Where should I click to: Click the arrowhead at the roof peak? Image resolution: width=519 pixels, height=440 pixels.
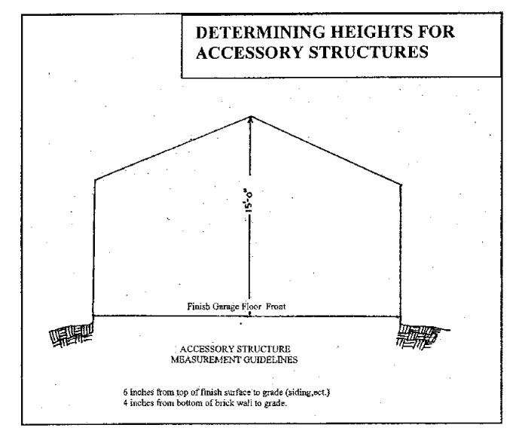pos(251,119)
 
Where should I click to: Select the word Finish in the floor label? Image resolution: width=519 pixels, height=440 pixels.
pos(201,307)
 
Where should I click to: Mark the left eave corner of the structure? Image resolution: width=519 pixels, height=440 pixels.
pos(94,179)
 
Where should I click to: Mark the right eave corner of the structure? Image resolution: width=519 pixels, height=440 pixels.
pos(400,182)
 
